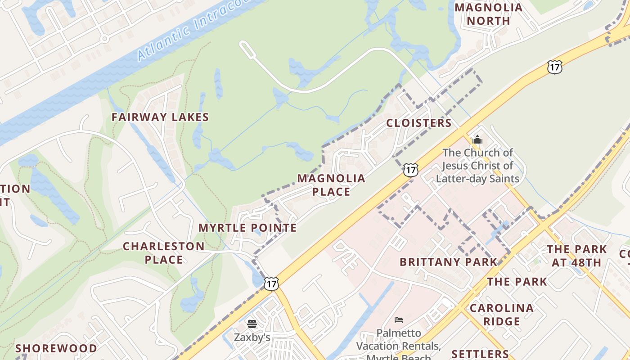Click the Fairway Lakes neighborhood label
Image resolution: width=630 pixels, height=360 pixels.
[160, 117]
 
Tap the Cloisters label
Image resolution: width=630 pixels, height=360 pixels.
[418, 123]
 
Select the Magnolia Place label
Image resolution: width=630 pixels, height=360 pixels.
[331, 185]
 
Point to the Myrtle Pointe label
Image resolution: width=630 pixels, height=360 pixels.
[247, 228]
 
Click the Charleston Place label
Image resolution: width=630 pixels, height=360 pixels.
[164, 253]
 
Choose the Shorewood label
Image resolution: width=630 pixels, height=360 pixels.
[56, 348]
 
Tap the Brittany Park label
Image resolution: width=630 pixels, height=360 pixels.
[449, 262]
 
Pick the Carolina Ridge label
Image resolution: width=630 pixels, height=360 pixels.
[502, 315]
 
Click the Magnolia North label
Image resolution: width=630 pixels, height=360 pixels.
[488, 14]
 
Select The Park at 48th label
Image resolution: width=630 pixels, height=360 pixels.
[576, 256]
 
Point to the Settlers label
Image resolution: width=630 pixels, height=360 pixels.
[480, 354]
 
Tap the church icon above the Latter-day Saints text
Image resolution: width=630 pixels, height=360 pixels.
[477, 140]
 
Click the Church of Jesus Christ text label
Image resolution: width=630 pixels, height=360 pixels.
[477, 166]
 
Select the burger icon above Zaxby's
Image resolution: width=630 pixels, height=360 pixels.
[252, 324]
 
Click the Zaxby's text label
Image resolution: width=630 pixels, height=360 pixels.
[252, 337]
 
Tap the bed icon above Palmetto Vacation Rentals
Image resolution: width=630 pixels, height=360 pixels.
[399, 320]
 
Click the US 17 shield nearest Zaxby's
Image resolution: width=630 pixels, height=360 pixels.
[271, 283]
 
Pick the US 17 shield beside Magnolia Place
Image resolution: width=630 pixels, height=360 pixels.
[410, 170]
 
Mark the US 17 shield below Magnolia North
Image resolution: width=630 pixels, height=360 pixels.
[555, 67]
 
